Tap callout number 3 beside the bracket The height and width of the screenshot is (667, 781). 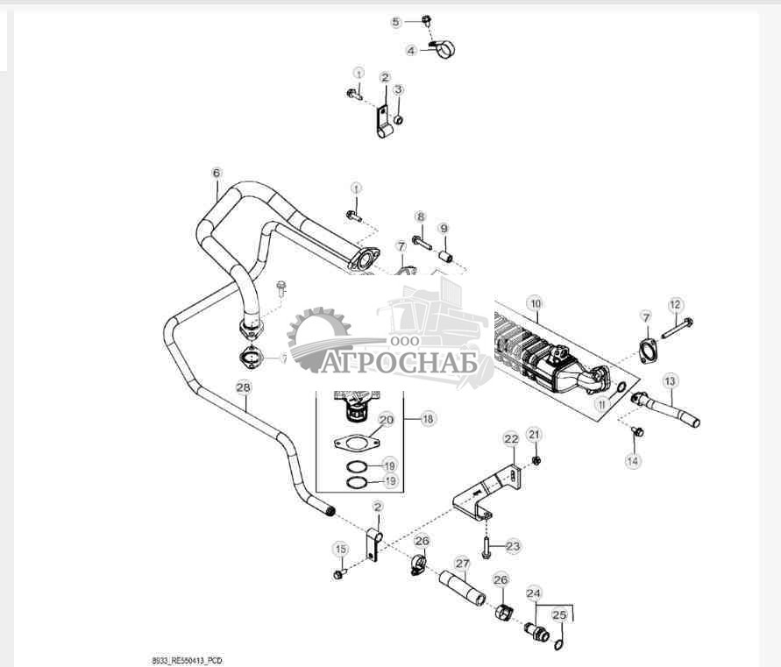coord(398,89)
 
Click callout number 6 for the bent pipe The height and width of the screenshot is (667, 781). coord(217,173)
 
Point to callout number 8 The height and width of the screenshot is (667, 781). coord(420,216)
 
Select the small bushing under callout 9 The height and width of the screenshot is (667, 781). coord(444,257)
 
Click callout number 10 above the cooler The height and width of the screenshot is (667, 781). coord(535,302)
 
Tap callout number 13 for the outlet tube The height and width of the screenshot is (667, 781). coord(670,381)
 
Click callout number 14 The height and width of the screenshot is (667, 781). coord(632,459)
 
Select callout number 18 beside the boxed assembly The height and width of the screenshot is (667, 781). coord(428,420)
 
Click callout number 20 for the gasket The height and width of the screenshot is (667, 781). coord(385,420)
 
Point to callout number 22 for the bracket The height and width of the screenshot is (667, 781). coord(511,437)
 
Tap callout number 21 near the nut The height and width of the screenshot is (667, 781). coord(535,434)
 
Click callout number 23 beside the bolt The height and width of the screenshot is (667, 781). coord(513,546)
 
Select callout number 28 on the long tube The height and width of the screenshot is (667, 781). coord(244,386)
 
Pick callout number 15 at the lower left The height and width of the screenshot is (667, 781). coord(340,549)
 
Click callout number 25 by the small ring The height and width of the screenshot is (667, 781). coord(557,616)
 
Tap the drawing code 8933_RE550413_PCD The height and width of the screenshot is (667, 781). coord(187,659)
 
